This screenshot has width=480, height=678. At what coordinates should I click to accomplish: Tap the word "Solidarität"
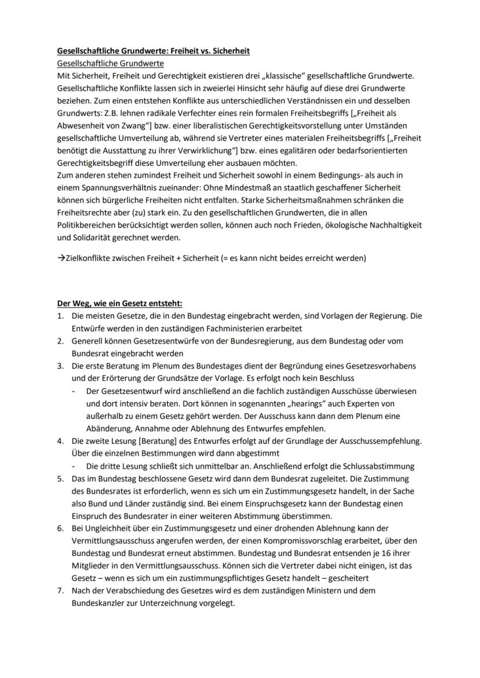coord(89,238)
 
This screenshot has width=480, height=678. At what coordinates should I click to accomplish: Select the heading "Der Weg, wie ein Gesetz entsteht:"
coord(119,303)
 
